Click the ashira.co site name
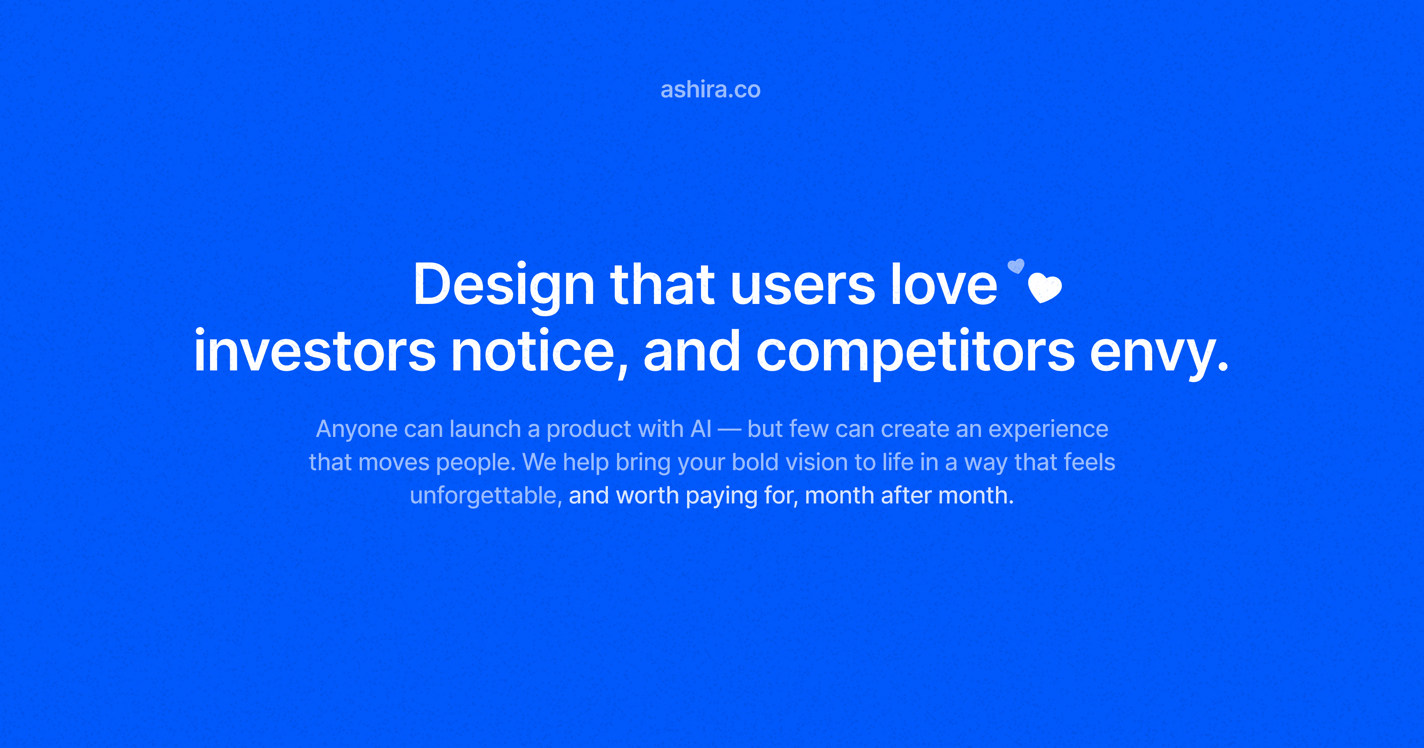click(x=710, y=89)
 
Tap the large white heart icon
click(x=1045, y=288)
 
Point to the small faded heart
click(x=1016, y=266)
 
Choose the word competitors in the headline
click(x=915, y=352)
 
